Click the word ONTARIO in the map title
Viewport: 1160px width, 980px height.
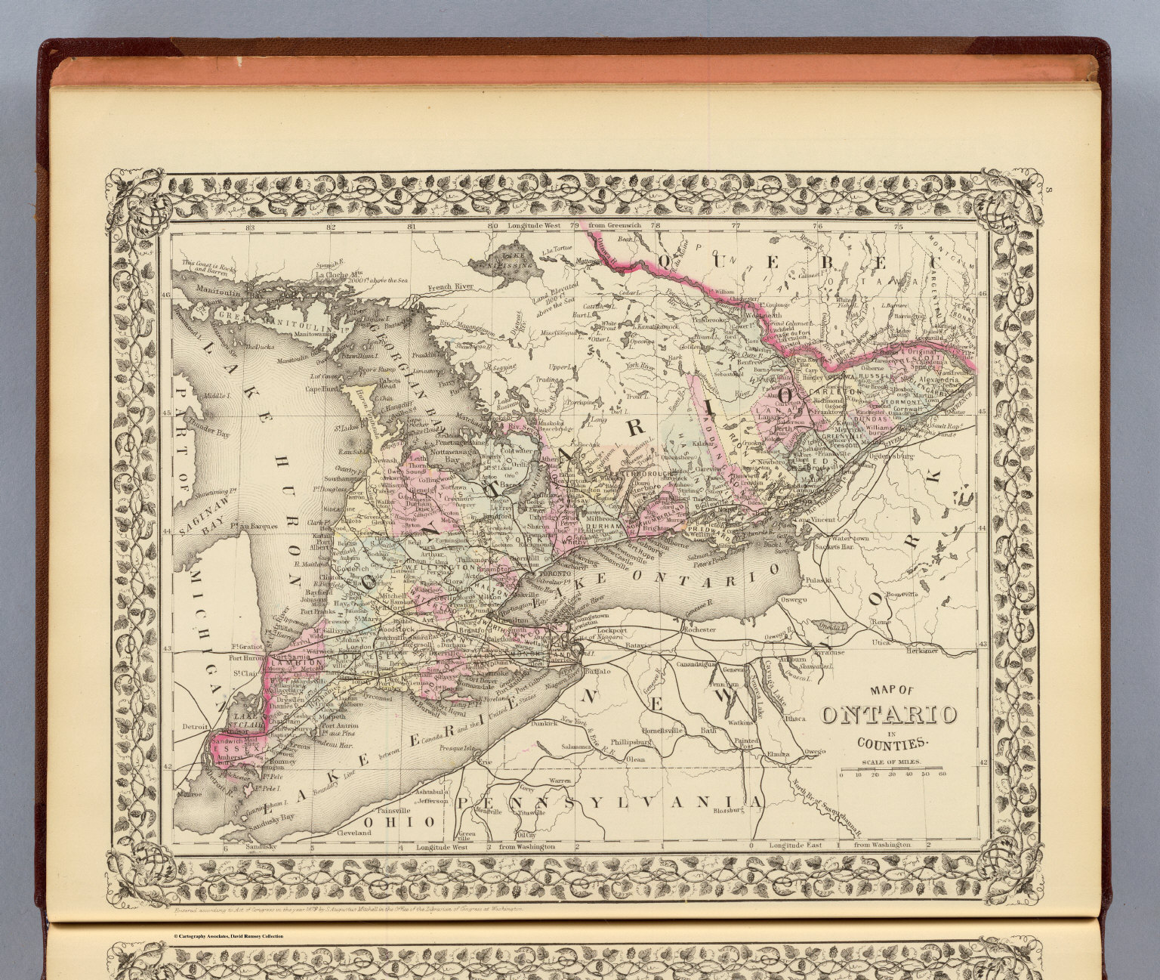(x=889, y=715)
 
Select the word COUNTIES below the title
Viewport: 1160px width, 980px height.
(x=889, y=743)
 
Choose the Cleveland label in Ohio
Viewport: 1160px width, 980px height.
(x=352, y=832)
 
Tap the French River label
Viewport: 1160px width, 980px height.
(x=449, y=287)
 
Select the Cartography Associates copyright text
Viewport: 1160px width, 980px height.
(x=228, y=936)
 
